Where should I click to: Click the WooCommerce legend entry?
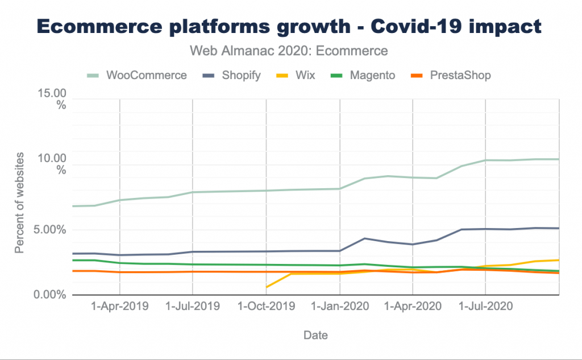137,76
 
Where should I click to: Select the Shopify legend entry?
232,76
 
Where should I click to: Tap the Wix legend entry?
296,76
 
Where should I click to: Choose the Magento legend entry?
363,76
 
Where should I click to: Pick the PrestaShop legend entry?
451,76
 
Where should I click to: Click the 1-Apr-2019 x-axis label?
119,306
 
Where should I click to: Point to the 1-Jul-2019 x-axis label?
192,306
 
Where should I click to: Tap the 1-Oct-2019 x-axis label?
266,306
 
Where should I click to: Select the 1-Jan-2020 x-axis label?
340,306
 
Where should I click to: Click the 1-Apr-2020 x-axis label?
413,306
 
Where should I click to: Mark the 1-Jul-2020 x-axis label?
485,306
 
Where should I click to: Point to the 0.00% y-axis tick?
50,295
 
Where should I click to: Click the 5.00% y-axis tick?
50,230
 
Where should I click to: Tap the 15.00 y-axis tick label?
52,93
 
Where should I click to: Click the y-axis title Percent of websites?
19,203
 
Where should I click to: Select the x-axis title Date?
315,335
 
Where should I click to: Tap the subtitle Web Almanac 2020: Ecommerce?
289,51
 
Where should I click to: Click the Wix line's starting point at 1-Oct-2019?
267,287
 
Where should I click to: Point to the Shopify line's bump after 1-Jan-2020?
365,238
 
